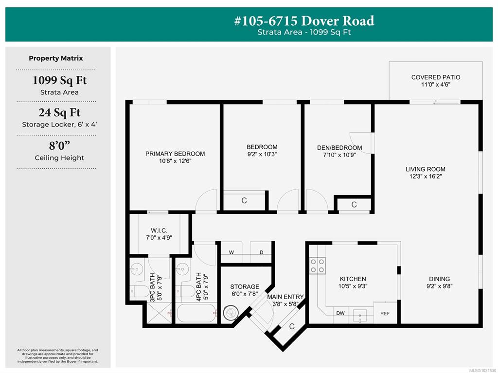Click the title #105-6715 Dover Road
[x=304, y=21]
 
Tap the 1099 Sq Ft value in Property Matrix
[x=59, y=81]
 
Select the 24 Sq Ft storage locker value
[x=59, y=113]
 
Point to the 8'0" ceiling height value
[x=59, y=145]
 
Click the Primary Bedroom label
[x=175, y=154]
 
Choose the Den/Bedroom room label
[x=339, y=148]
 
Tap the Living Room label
[x=426, y=169]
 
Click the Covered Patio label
[x=435, y=77]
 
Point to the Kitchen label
[x=353, y=279]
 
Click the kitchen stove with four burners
[x=318, y=266]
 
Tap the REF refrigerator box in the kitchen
[x=385, y=314]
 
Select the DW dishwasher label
[x=340, y=313]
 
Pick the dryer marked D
[x=261, y=252]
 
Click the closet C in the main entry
[x=292, y=327]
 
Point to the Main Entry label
[x=285, y=297]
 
